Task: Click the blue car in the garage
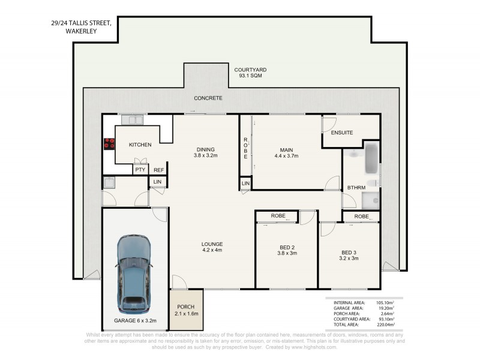tap(134, 274)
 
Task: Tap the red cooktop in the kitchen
tap(109, 144)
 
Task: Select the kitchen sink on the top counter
tap(132, 120)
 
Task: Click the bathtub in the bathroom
tap(371, 158)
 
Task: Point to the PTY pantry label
tap(140, 170)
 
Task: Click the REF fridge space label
tap(158, 170)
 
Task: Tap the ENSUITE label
tap(342, 133)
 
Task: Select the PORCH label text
tap(186, 307)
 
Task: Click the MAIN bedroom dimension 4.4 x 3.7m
tap(287, 156)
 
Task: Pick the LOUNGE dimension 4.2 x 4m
tap(212, 250)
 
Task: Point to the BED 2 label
tap(287, 247)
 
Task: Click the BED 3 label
tap(349, 253)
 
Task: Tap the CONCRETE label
tap(208, 98)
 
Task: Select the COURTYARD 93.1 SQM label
tap(250, 73)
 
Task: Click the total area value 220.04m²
tap(386, 325)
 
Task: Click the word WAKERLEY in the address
tap(81, 31)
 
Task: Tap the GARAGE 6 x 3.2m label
tap(136, 320)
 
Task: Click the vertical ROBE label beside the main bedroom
tap(245, 148)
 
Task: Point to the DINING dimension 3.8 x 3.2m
tap(206, 155)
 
